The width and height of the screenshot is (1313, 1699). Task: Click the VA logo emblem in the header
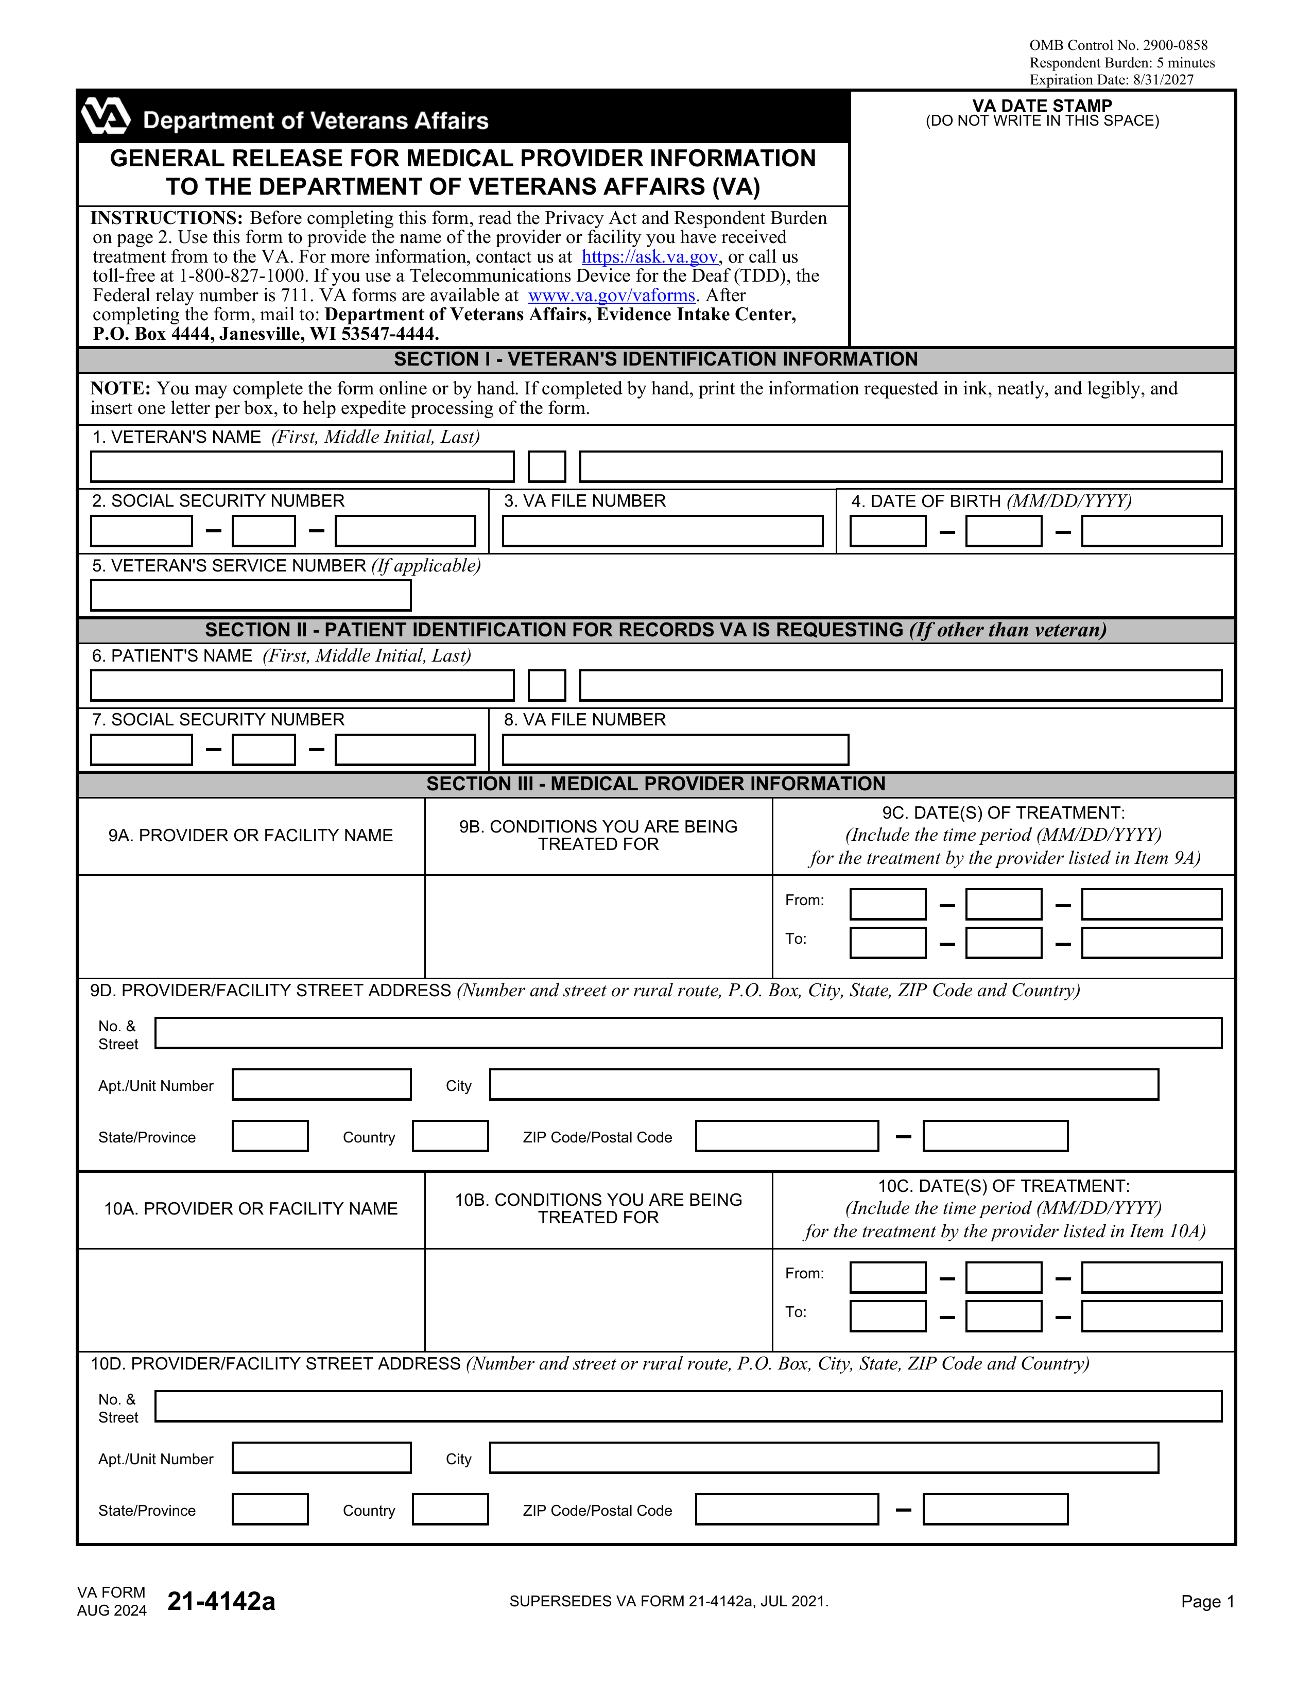coord(106,117)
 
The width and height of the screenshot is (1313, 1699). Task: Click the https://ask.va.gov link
coord(649,257)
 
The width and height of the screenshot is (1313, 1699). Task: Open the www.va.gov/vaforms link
coord(611,296)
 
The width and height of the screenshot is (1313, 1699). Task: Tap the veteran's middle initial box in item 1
coord(547,467)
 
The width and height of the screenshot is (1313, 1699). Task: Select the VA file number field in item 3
coord(662,531)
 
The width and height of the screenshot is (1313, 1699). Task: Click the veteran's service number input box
coord(250,596)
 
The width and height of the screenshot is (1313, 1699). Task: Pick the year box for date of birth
coord(1151,531)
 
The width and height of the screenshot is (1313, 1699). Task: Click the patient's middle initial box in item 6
coord(547,685)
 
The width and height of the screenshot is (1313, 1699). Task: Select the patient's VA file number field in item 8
coord(675,750)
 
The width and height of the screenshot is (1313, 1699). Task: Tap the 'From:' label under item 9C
coord(804,900)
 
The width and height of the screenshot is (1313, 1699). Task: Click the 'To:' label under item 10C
coord(796,1312)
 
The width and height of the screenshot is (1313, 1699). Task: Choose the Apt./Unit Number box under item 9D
coord(321,1084)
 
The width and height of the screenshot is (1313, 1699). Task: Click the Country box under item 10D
coord(451,1509)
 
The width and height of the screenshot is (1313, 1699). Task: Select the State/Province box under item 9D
coord(270,1136)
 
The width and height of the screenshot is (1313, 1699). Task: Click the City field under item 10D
coord(824,1458)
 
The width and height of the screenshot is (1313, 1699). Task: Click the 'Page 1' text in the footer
coord(1207,1601)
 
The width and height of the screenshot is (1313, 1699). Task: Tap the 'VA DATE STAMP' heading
coord(1042,106)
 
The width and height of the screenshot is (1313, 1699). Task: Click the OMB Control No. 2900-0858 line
coord(1118,45)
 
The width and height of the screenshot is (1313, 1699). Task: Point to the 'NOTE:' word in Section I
coord(120,388)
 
